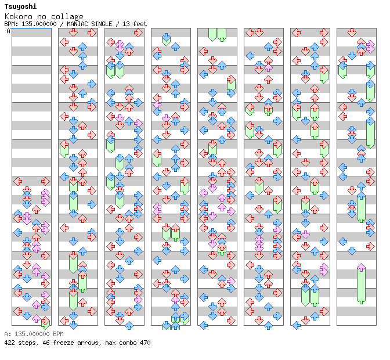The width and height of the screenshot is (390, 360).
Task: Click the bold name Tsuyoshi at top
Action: (18, 6)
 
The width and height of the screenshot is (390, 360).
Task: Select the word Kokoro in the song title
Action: (16, 16)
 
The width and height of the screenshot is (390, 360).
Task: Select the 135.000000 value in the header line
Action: (37, 24)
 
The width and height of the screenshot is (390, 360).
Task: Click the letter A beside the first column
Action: (8, 31)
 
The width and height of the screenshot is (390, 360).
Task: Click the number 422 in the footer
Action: (9, 343)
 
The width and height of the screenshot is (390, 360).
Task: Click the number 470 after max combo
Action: (145, 343)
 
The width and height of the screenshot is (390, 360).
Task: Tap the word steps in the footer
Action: (27, 343)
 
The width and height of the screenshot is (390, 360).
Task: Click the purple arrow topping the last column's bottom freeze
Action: (361, 267)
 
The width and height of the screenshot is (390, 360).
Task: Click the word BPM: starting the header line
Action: (10, 24)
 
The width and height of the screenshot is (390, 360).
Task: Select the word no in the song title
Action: (45, 16)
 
